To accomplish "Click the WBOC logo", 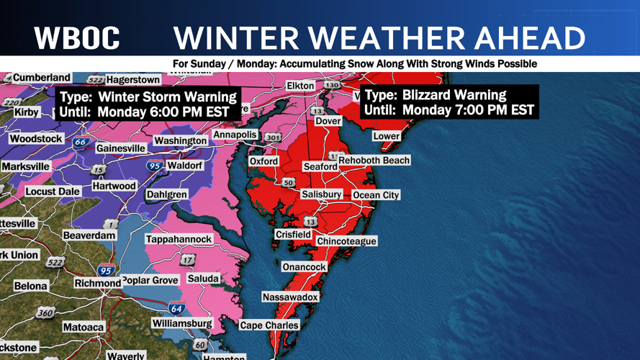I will click(77, 37).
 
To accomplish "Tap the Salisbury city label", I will click(321, 194).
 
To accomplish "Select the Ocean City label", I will click(375, 195).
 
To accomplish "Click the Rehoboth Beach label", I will click(374, 161).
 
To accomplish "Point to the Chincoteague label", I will click(346, 241).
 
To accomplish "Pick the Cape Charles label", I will click(269, 325).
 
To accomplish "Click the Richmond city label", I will click(98, 284).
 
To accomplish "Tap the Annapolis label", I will click(235, 135).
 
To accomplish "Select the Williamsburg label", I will click(182, 323).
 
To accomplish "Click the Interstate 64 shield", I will click(176, 308).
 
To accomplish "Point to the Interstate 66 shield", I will click(81, 142).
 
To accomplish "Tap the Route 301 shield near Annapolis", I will click(273, 138).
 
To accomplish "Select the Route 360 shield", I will click(45, 313).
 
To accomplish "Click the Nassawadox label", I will click(289, 297).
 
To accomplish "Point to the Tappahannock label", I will click(179, 239).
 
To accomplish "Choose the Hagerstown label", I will click(132, 80).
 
